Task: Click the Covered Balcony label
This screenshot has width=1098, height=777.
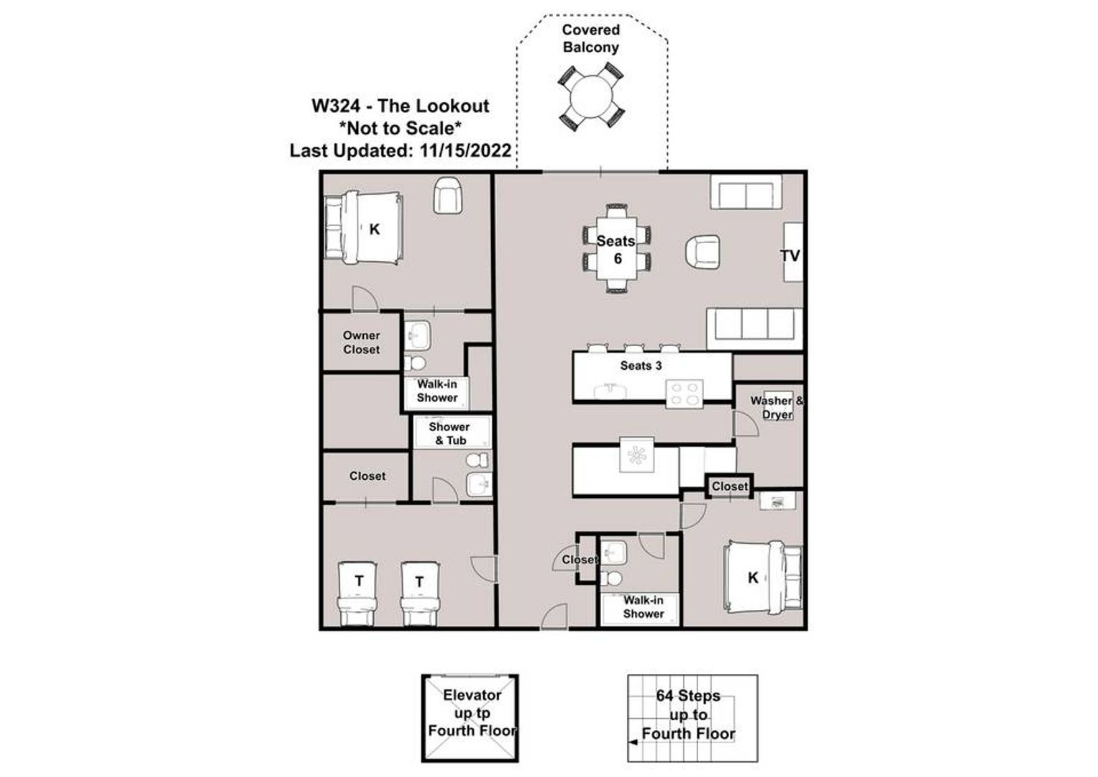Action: [590, 39]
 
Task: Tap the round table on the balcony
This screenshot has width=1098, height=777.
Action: [590, 98]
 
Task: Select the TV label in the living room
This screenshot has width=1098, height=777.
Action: [790, 255]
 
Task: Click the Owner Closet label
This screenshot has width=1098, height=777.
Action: [361, 342]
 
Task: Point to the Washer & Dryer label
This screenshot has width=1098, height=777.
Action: [777, 407]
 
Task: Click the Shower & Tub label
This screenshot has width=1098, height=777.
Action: [449, 434]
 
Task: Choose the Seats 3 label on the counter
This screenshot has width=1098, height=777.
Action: [641, 365]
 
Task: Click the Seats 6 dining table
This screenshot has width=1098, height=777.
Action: [617, 249]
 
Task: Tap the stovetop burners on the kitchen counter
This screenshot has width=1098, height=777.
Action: [683, 393]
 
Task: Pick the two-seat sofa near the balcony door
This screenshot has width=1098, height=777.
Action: [746, 193]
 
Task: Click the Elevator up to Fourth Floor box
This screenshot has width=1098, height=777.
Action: [470, 718]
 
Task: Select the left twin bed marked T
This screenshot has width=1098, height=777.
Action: [358, 586]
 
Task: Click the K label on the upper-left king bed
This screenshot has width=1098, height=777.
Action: [374, 230]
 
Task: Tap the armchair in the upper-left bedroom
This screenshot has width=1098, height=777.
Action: [447, 196]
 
